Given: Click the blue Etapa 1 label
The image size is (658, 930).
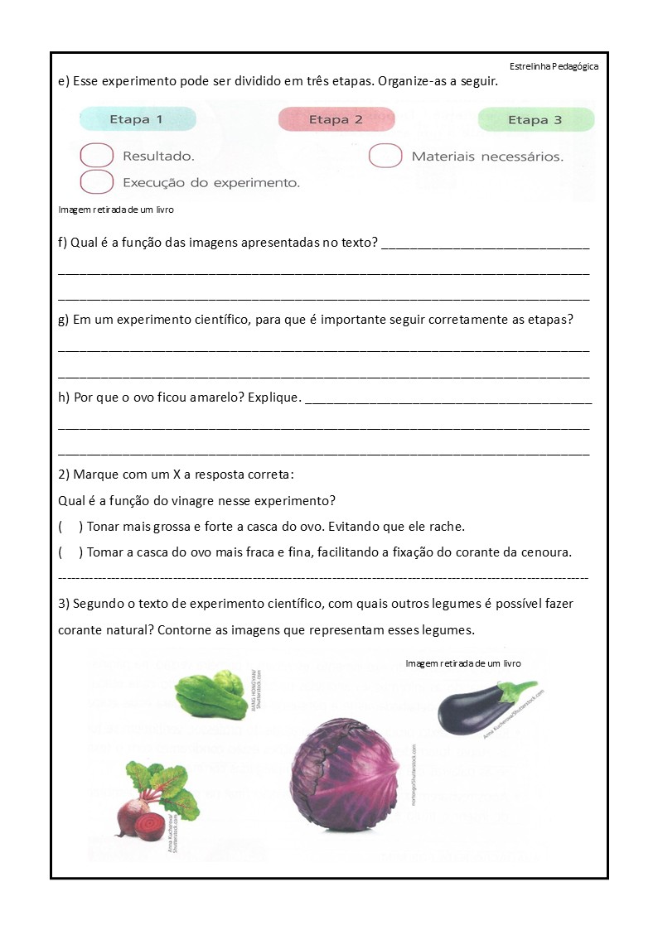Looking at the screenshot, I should point(137,119).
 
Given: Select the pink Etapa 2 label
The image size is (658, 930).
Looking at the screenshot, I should point(336,119).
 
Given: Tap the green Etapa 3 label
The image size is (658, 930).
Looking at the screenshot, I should point(535,120).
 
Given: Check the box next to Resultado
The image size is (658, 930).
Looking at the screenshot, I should point(97,156).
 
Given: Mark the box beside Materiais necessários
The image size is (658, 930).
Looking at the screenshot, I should point(385,156).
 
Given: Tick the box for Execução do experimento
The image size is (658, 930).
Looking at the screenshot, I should point(97,181).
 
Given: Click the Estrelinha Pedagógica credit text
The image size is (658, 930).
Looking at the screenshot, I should point(554,66).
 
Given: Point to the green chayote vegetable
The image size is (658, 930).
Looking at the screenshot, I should point(210,695).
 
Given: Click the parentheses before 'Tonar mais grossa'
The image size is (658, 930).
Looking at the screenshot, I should point(70,527).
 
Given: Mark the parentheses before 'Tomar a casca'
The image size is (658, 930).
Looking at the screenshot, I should point(70,552).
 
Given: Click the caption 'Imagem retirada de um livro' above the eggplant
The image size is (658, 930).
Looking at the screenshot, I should point(463,663).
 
